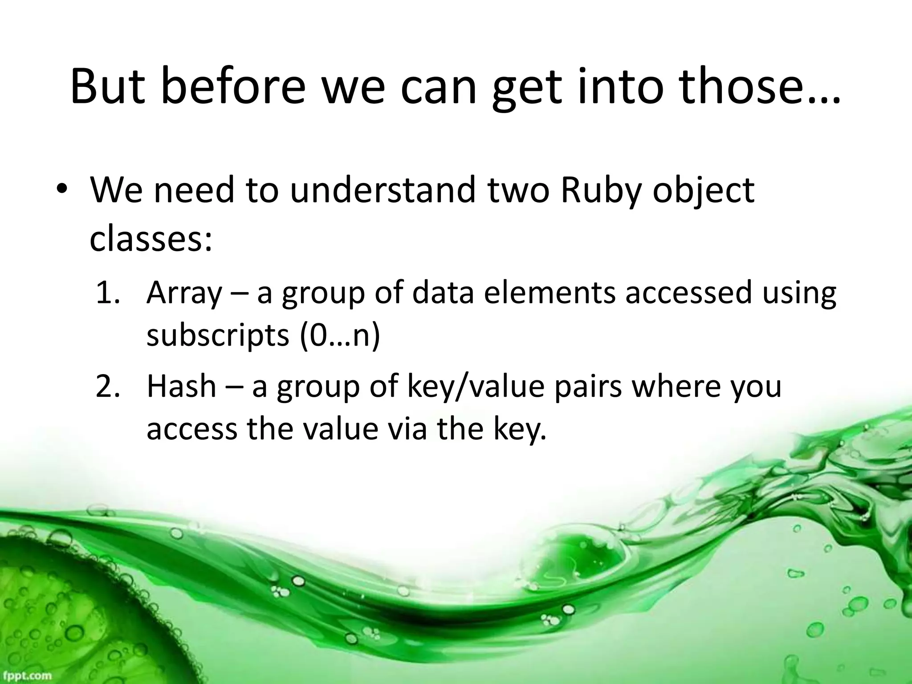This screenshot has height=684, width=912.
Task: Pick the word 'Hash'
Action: point(181,386)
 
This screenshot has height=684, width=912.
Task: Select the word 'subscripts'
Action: point(218,338)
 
